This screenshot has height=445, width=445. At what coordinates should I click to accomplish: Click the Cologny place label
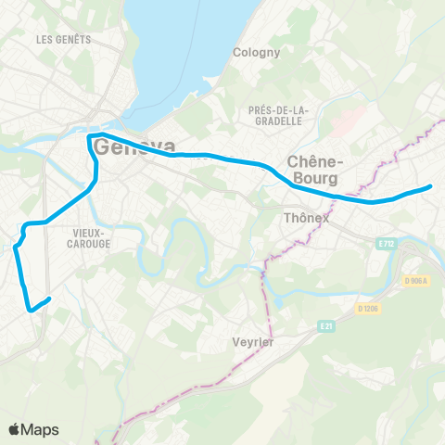[257, 53]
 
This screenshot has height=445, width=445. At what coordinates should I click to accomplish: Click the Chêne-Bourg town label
[316, 168]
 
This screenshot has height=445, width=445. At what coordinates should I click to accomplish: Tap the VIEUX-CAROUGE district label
[90, 237]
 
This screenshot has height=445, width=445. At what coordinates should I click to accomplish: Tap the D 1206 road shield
[368, 307]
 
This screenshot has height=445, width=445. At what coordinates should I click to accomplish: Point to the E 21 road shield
[325, 326]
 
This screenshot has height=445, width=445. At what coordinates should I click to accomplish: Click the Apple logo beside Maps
[15, 429]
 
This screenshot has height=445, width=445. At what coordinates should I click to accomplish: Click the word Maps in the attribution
[41, 429]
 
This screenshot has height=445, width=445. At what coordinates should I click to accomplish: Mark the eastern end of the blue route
[431, 187]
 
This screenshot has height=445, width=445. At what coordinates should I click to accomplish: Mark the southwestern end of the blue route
[32, 310]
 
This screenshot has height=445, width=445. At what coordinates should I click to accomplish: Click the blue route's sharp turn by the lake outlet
[90, 137]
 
